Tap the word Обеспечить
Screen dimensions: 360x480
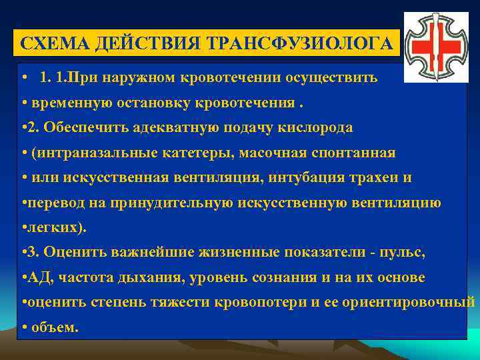tap(79, 127)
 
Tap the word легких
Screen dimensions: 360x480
tap(46, 227)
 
